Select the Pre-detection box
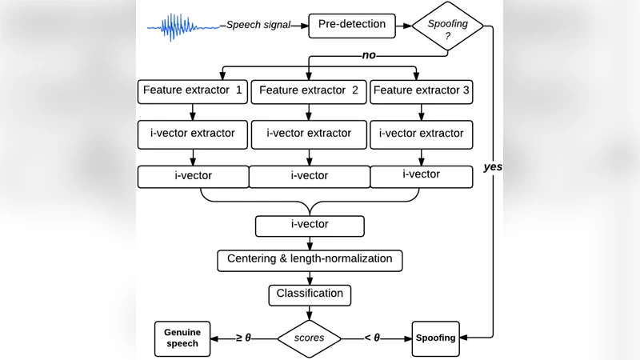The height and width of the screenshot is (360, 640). pos(352,25)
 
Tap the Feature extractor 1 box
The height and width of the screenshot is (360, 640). pos(193,90)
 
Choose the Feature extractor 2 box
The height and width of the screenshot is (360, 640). pos(309,91)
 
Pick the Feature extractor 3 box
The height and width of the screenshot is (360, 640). pos(422,90)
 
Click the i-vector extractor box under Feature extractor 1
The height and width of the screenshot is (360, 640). pos(193,133)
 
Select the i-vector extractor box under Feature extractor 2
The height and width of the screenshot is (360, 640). pos(309,134)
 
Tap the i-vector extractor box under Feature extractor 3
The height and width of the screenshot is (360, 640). pos(421,133)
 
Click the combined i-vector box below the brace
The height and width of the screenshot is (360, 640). pos(309,225)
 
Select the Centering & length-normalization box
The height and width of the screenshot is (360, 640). pos(309,259)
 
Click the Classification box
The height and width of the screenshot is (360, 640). pos(309,294)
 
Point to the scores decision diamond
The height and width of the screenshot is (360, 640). pos(309,338)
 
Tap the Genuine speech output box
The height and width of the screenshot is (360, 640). pos(182,338)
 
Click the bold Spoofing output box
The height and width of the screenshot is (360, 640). pos(435,338)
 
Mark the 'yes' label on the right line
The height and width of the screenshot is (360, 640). pos(493,167)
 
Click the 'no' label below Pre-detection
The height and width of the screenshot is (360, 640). pos(369,57)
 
